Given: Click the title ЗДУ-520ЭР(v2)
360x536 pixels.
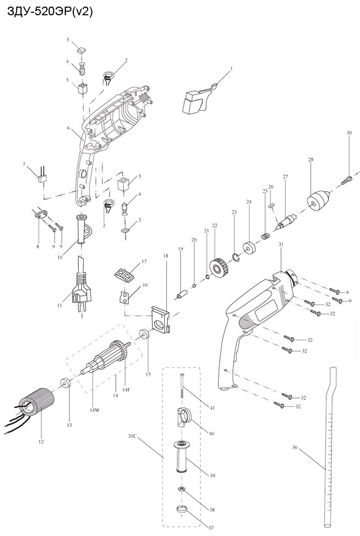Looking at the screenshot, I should point(50,12).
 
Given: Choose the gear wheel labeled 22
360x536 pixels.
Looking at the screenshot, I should point(218,269).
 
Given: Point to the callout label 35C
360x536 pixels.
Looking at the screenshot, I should point(134,435).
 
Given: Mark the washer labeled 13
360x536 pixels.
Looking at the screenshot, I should point(65,382).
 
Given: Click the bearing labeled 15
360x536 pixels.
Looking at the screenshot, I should point(144,335).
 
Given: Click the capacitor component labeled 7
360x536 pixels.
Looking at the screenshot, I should point(42,178).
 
